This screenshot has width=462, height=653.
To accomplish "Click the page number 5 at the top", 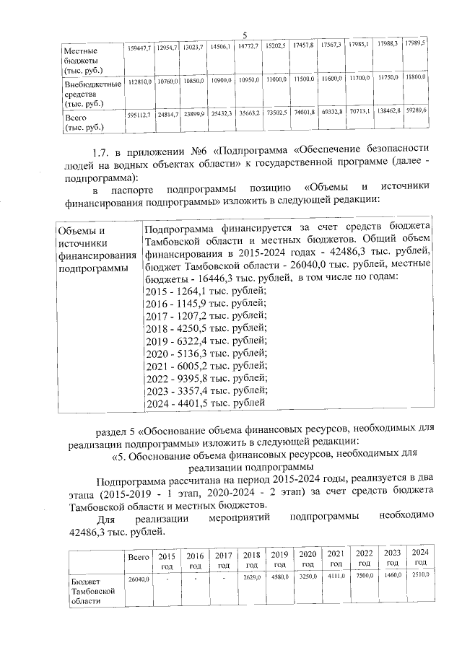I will coord(245,35).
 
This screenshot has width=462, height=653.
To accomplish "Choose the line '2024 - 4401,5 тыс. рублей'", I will coord(205,403).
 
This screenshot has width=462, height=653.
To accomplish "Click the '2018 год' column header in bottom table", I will coord(252,558).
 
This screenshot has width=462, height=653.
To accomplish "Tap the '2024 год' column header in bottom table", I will coord(419,557).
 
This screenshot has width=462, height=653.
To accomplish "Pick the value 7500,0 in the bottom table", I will coord(363,577).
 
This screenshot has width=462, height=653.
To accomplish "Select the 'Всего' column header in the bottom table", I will coord(138,558).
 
